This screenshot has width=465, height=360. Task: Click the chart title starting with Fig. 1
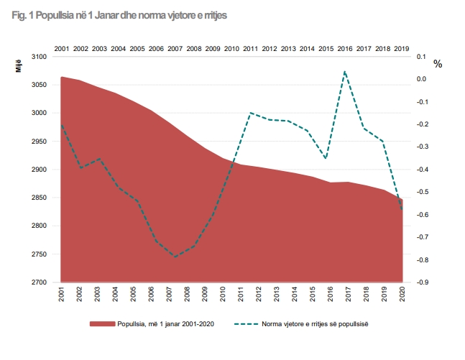119,15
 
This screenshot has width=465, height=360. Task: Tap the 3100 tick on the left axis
39,57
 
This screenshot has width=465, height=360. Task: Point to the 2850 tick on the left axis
39,198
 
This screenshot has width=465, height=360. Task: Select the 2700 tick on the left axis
39,282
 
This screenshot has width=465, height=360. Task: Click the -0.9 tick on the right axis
423,282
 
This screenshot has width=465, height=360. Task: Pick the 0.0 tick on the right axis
421,79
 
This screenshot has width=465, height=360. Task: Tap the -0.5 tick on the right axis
423,192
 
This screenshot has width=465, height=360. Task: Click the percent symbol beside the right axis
438,64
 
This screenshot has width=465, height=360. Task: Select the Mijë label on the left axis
19,66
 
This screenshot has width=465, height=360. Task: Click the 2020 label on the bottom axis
402,294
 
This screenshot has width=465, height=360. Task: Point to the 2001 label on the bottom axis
61,294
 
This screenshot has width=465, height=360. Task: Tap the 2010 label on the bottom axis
223,294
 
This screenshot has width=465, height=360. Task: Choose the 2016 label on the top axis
345,49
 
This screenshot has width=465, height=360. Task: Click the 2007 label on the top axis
175,49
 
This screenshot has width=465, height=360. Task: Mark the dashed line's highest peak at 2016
345,71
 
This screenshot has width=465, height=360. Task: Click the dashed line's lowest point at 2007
175,257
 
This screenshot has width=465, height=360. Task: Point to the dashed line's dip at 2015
326,158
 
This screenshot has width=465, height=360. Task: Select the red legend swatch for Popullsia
102,324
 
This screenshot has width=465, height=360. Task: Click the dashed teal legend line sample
246,324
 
